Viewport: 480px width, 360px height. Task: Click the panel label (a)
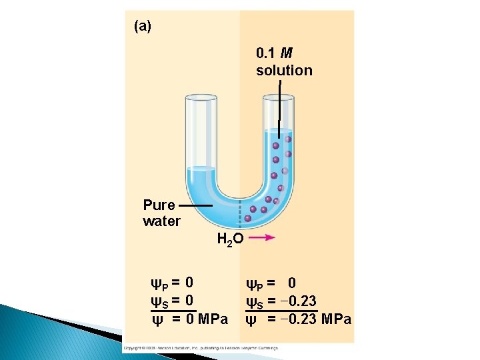click(x=143, y=27)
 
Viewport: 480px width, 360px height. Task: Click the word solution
click(x=284, y=70)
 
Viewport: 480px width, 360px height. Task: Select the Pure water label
click(x=161, y=213)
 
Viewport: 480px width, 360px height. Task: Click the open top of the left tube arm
click(x=202, y=97)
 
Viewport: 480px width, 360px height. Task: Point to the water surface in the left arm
click(x=202, y=168)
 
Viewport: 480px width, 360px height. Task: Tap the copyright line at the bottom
click(x=200, y=348)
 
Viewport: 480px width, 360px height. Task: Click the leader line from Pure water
click(x=195, y=206)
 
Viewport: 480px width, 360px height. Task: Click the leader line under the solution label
click(x=280, y=100)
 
